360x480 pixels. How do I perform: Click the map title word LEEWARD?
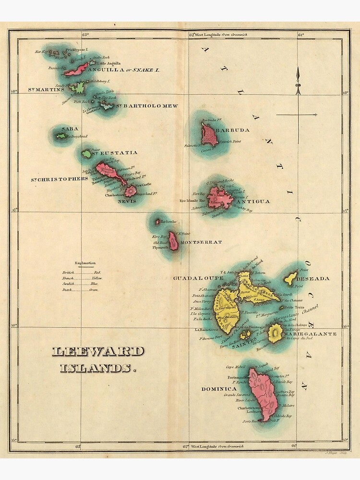point(97,351)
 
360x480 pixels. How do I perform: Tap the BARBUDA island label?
point(233,130)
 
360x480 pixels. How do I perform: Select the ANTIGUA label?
point(253,201)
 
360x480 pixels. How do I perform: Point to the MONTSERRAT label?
point(201,242)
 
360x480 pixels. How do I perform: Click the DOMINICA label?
point(219,388)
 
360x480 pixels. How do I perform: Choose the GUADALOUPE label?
point(198,278)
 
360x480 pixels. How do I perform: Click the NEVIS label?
point(127,201)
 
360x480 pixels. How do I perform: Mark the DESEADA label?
point(313,278)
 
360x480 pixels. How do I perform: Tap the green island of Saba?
point(61,136)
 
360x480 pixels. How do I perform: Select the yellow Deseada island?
point(290,277)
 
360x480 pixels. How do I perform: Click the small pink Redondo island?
point(157,222)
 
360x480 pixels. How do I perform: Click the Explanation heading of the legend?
point(85,263)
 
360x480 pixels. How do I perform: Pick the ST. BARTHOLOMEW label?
point(148,106)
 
